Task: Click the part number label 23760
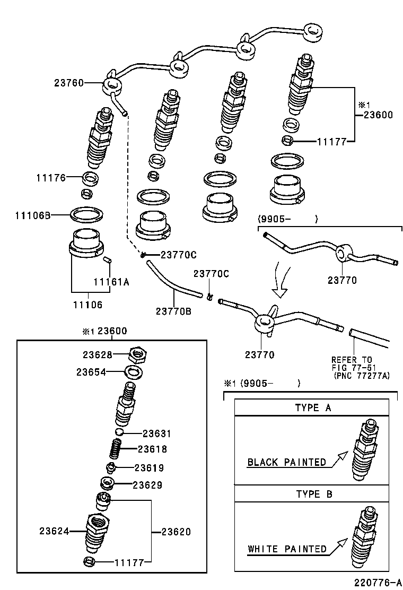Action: (69, 83)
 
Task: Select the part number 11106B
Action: (32, 215)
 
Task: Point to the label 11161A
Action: (111, 282)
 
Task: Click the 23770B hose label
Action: (173, 311)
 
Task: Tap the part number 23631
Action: (157, 433)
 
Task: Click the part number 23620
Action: (176, 532)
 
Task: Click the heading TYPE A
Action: (314, 407)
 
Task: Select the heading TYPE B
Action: (314, 494)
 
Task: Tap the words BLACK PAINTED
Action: (287, 462)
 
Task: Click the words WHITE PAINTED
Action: (287, 549)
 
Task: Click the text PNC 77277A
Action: (362, 376)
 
